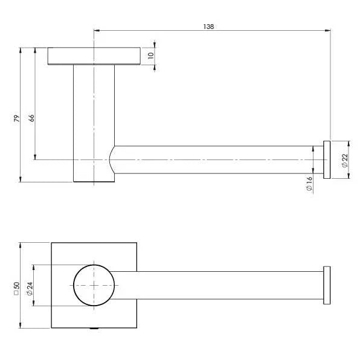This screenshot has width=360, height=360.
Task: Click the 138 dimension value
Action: tap(209, 27)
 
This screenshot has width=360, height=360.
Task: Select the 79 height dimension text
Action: tap(17, 117)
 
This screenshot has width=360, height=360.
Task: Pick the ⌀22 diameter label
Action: tap(344, 160)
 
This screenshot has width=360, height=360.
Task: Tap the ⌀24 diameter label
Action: tap(29, 286)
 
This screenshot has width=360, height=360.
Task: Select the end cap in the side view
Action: tap(327, 159)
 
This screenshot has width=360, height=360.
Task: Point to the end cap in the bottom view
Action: tap(327, 285)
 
